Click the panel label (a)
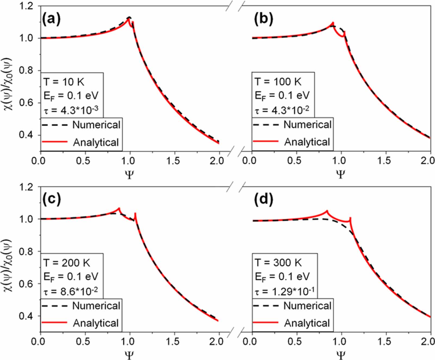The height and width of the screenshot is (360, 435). pos(51,19)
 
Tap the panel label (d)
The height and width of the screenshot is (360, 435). pos(263,200)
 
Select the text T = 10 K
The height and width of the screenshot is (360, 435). pos(64,82)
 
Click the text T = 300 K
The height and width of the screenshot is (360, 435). pos(278,263)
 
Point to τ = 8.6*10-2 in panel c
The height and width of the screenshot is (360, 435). pos(71,292)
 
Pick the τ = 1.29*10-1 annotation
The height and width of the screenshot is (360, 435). pos(285,292)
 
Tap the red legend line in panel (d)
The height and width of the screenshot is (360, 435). pos(266,322)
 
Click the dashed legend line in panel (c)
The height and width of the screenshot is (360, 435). pos(54,306)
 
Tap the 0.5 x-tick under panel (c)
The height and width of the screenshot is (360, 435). pos(83,342)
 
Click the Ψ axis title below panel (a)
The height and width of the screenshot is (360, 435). pos(129,174)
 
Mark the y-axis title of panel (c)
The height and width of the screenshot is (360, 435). pos(8,265)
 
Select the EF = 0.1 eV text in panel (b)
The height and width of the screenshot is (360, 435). pos(282,96)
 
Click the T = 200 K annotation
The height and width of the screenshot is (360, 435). pos(67,263)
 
